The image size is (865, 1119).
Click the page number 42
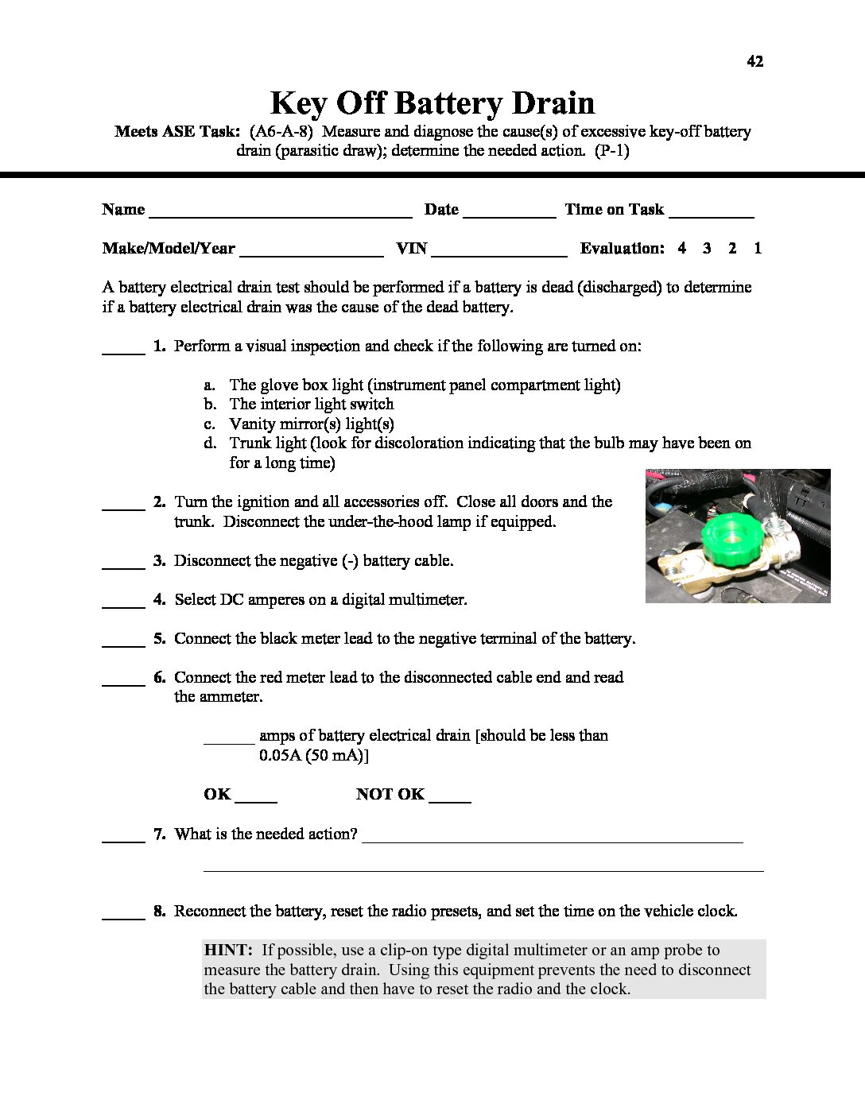point(755,61)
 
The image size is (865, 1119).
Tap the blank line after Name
point(280,215)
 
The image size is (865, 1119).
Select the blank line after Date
point(509,215)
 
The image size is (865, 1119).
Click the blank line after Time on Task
point(712,215)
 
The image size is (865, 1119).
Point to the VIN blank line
point(499,254)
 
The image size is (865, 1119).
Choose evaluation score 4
point(682,248)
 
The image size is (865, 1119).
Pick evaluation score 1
point(758,248)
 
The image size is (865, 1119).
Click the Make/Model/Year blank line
point(311,254)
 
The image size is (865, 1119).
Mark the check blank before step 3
point(123,567)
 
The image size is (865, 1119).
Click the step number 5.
point(159,638)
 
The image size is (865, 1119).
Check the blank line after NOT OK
point(450,800)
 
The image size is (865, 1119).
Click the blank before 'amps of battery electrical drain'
point(229,741)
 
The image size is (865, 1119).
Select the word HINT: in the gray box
point(228,950)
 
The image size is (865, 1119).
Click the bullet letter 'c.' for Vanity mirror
point(210,424)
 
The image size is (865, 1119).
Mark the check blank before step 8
point(123,917)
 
